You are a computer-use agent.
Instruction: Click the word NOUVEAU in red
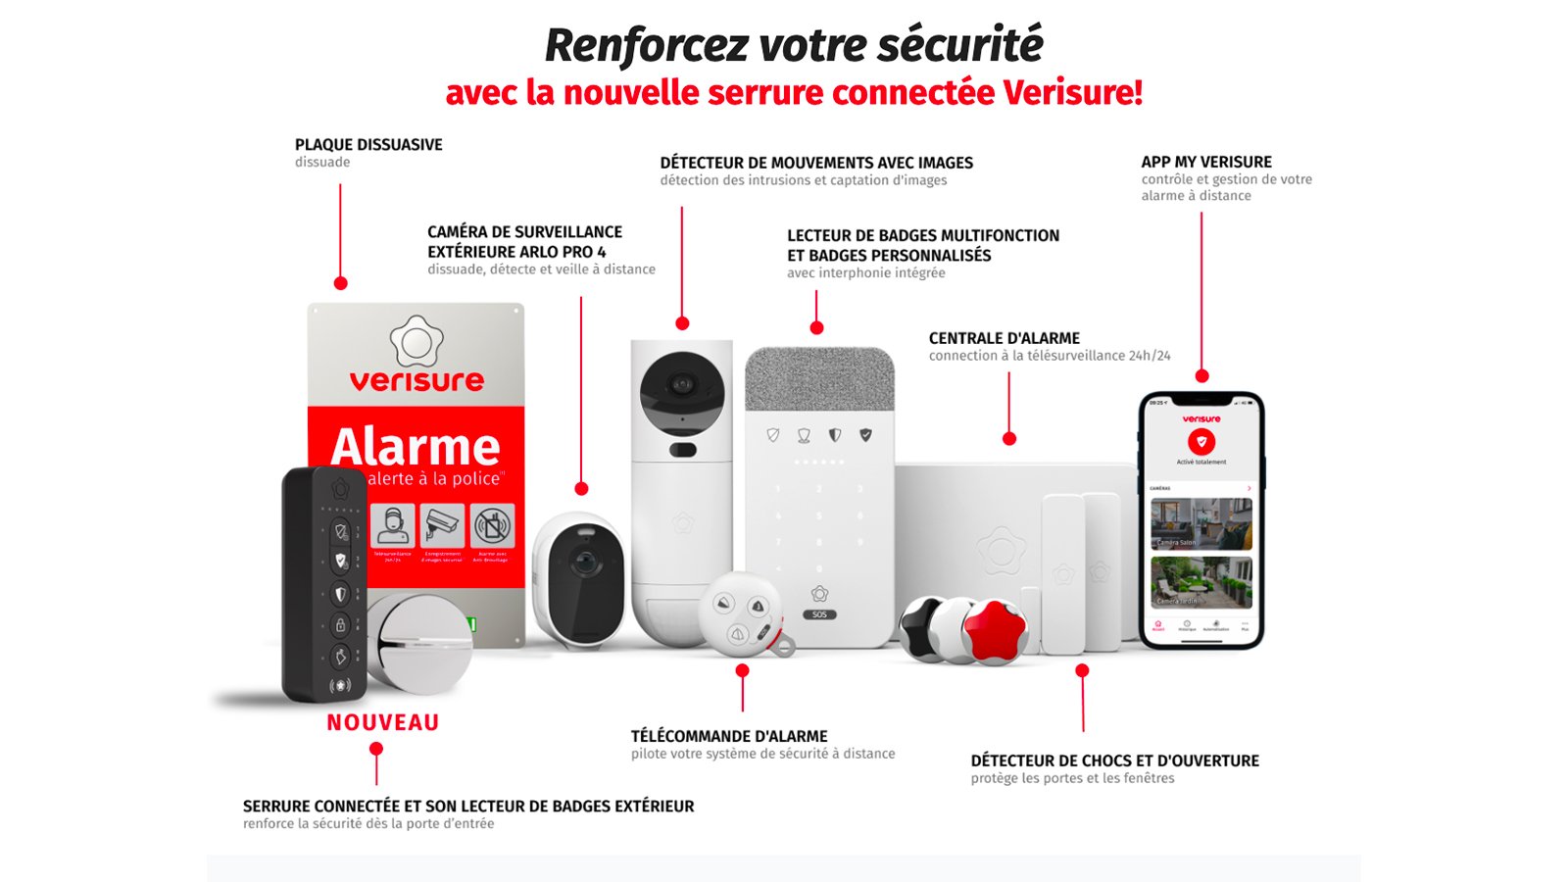pyautogui.click(x=382, y=723)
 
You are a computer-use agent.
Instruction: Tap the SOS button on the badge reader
pyautogui.click(x=819, y=614)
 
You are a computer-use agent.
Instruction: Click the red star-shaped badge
pyautogui.click(x=994, y=630)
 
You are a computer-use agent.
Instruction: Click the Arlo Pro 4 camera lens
pyautogui.click(x=585, y=563)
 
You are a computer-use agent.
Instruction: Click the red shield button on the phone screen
pyautogui.click(x=1200, y=442)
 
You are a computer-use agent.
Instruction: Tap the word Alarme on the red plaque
pyautogui.click(x=416, y=447)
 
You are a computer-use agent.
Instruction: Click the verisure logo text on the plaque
pyautogui.click(x=416, y=380)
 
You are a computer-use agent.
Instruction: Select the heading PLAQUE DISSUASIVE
pyautogui.click(x=368, y=145)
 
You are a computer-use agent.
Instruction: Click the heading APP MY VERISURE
pyautogui.click(x=1205, y=163)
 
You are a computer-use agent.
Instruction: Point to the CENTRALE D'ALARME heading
pyautogui.click(x=1004, y=338)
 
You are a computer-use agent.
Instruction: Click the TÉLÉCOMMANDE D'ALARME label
pyautogui.click(x=729, y=736)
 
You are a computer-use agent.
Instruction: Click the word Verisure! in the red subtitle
pyautogui.click(x=1072, y=93)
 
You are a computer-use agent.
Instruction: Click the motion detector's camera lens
pyautogui.click(x=682, y=385)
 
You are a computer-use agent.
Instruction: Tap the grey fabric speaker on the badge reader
pyautogui.click(x=819, y=379)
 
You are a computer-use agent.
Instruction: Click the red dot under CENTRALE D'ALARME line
pyautogui.click(x=1009, y=439)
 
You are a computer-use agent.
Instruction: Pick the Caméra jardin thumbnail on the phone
pyautogui.click(x=1200, y=581)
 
